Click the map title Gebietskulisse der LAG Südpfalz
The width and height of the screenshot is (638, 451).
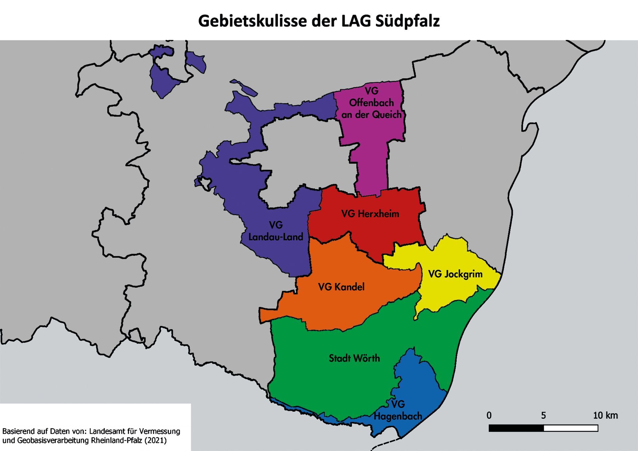319,21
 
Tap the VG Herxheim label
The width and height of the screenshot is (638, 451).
370,214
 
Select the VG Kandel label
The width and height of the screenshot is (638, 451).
341,287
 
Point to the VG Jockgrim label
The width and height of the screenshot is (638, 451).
455,274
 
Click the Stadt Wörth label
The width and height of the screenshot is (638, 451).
354,358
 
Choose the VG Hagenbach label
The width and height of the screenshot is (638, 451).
398,410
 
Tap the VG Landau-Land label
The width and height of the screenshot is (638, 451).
276,231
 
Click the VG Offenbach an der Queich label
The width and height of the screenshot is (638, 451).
372,103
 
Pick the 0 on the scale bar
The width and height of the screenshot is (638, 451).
489,415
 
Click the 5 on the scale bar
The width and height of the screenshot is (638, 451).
543,415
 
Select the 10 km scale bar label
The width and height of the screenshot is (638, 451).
605,415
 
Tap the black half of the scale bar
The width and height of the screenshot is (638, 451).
516,428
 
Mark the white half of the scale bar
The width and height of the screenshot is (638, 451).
571,428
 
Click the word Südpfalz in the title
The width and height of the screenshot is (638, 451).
408,21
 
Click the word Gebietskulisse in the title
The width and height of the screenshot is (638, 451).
253,21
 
